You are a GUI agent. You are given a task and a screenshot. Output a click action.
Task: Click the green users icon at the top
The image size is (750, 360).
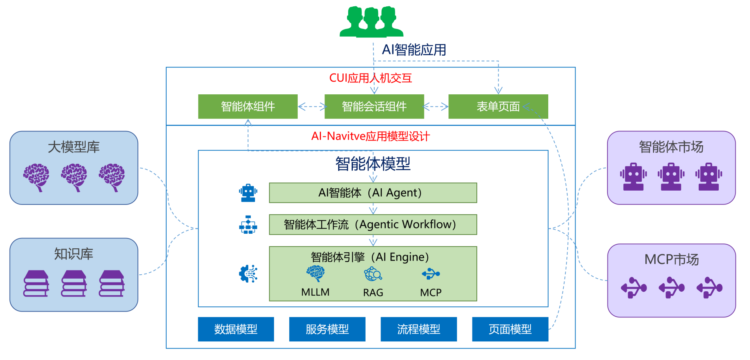click(x=371, y=22)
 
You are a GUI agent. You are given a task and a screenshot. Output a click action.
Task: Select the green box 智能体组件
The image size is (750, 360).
click(x=248, y=107)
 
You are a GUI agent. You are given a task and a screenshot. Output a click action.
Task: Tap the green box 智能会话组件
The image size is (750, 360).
click(x=374, y=107)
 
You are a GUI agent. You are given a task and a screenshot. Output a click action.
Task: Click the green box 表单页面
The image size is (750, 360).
click(x=498, y=107)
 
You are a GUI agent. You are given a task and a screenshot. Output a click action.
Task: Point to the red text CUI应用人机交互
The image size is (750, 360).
click(x=370, y=78)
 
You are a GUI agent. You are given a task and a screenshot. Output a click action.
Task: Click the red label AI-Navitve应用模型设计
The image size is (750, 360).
click(x=370, y=137)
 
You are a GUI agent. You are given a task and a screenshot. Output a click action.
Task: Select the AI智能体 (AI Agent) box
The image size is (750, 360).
click(x=373, y=193)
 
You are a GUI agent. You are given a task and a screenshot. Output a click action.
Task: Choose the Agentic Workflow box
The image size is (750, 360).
click(x=373, y=225)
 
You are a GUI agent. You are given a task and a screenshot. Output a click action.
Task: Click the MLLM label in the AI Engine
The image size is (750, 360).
click(x=315, y=292)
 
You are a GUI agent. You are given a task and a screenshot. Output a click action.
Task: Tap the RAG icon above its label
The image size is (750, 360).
click(x=373, y=274)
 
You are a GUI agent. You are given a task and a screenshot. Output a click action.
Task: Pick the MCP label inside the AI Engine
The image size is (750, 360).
click(x=431, y=292)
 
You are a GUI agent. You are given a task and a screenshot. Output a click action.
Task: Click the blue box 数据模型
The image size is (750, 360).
click(x=236, y=329)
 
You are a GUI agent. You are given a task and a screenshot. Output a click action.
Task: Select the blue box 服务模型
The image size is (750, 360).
click(x=327, y=329)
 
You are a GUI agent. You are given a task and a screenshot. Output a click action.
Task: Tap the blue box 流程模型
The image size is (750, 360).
click(x=418, y=329)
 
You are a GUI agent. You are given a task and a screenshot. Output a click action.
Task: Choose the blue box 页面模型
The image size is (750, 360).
click(x=510, y=329)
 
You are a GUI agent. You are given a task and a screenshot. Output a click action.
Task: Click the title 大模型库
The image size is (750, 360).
click(x=74, y=147)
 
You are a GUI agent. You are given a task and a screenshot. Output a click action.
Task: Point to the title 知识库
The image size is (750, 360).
click(x=74, y=254)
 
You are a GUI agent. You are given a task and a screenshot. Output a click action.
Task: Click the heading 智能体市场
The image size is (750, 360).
click(x=671, y=147)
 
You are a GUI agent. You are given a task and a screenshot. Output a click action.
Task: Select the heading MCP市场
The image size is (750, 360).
click(x=671, y=260)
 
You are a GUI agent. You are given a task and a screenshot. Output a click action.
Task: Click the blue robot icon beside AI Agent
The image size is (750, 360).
click(x=248, y=193)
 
